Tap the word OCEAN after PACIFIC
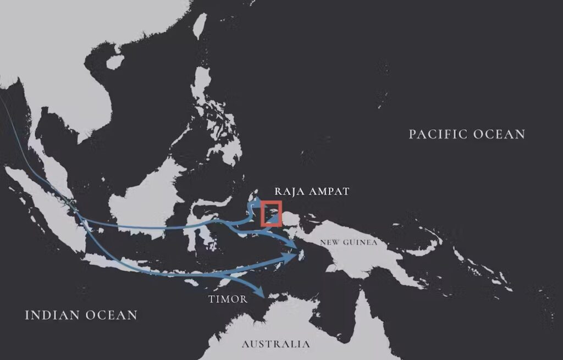(x=501, y=134)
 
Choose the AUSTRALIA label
(x=275, y=345)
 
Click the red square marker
(x=271, y=213)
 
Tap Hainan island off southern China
(x=114, y=62)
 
